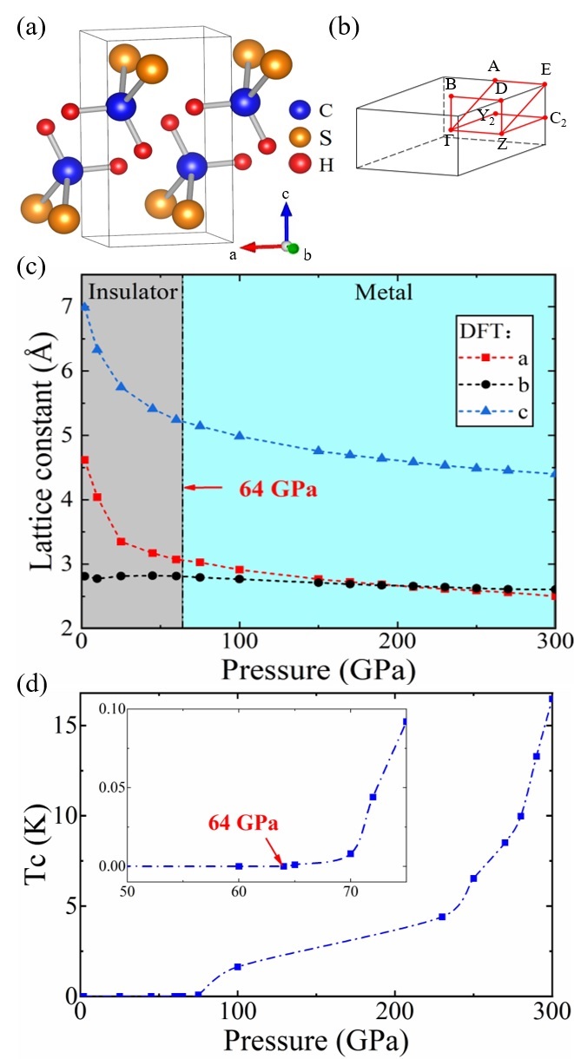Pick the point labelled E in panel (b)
click(x=544, y=84)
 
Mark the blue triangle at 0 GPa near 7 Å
click(x=84, y=306)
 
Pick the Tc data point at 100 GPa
click(x=237, y=966)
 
